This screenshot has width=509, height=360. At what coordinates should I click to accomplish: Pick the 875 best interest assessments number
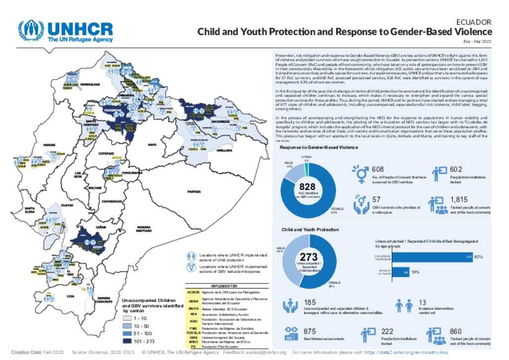tap(310, 331)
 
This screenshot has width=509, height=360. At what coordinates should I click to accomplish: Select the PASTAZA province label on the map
tap(194, 191)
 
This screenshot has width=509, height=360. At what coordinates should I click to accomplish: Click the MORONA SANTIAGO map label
tap(144, 229)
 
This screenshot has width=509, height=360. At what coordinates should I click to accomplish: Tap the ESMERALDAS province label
tap(90, 84)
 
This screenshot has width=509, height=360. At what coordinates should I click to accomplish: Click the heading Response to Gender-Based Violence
tap(318, 148)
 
